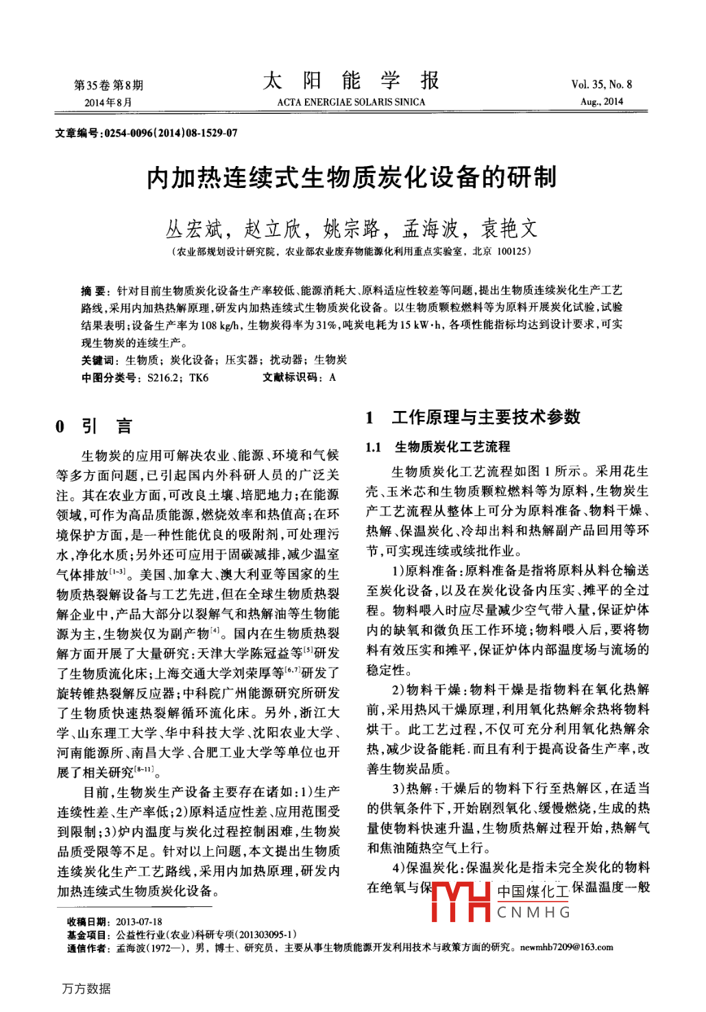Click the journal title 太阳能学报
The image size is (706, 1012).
point(351,81)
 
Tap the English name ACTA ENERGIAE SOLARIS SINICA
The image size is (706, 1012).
point(351,102)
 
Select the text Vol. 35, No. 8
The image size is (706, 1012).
point(601,84)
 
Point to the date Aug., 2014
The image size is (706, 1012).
point(601,102)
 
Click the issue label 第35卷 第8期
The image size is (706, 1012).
point(108,85)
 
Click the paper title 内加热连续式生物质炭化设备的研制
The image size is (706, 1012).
point(352,178)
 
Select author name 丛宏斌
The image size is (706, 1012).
point(194,228)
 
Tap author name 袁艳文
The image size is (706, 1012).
point(509,228)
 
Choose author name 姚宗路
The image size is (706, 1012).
point(352,228)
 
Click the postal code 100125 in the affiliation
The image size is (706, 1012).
point(512,252)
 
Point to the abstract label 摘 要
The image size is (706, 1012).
point(94,291)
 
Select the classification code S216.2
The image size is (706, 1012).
point(162,377)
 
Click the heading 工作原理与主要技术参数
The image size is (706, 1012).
point(486,417)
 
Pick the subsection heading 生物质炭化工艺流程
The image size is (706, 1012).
point(452,447)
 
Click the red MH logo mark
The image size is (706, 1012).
point(460,901)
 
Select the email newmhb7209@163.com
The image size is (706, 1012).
point(566,948)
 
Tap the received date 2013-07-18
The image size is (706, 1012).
point(139,921)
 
